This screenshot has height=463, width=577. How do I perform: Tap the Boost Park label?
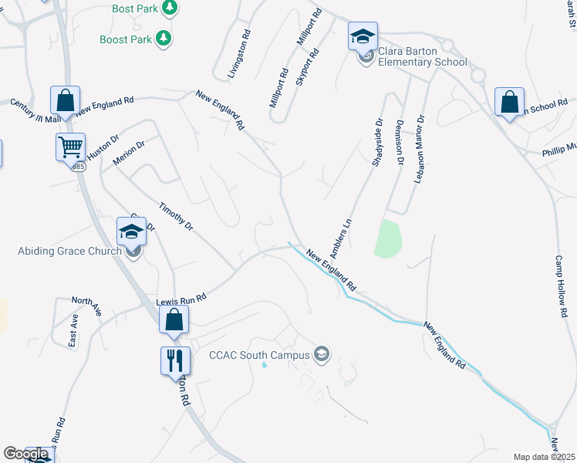(x=126, y=39)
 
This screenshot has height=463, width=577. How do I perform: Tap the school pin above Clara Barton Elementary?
(x=363, y=36)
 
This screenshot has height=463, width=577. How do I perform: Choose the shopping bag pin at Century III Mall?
(x=66, y=100)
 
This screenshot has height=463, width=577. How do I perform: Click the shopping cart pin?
(x=70, y=145)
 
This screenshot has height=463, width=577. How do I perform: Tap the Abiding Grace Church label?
(x=69, y=251)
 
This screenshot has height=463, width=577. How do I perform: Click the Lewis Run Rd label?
(x=182, y=298)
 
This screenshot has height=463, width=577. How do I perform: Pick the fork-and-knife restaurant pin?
(x=175, y=359)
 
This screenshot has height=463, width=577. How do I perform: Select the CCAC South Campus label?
(x=259, y=355)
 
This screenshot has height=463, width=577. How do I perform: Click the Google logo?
(x=26, y=454)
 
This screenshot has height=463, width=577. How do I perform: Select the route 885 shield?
(x=79, y=167)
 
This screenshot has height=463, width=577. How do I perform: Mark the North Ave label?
(x=86, y=306)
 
